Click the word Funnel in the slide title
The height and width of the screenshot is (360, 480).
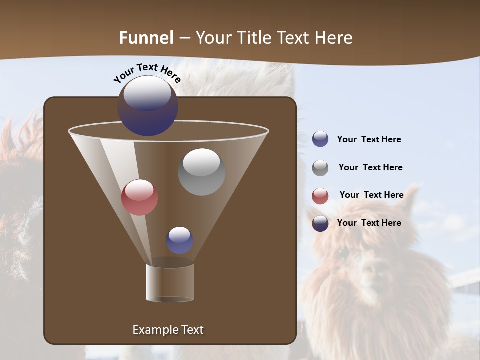[x=146, y=38]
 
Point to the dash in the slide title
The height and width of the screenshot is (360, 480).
[x=184, y=38]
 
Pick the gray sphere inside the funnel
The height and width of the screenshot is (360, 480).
[x=201, y=172]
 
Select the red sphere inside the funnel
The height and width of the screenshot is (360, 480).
[x=139, y=197]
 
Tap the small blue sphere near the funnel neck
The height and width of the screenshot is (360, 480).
[x=179, y=240]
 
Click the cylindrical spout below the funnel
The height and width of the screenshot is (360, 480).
[x=170, y=282]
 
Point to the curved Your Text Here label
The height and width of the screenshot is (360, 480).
[x=147, y=73]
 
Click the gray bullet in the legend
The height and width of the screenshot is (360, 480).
[x=320, y=168]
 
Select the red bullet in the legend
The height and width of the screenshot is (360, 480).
[x=320, y=196]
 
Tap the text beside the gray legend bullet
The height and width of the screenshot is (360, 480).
[x=370, y=167]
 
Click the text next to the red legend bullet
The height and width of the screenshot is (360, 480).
[x=371, y=195]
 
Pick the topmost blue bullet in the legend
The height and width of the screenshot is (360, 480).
[x=320, y=139]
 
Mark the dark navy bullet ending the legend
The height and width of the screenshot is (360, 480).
[x=320, y=223]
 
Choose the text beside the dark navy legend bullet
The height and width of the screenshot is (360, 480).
[x=369, y=223]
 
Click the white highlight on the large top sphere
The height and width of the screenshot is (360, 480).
[x=147, y=93]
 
